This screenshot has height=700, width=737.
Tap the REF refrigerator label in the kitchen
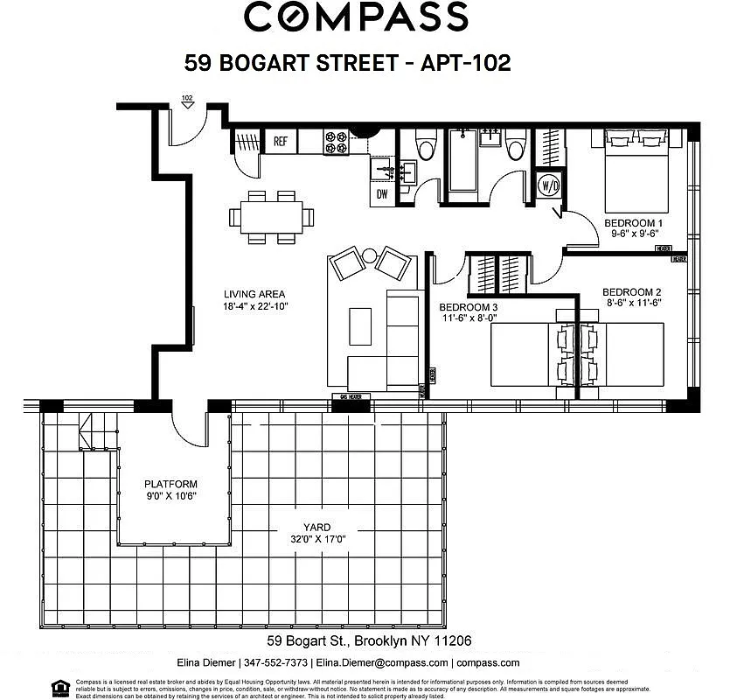(281, 141)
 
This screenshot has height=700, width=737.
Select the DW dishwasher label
(382, 193)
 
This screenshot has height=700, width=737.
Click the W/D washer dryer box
(549, 185)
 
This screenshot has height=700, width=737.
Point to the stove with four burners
(337, 142)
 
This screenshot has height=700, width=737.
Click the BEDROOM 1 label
(635, 224)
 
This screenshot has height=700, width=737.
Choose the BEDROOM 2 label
(632, 292)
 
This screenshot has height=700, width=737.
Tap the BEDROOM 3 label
(468, 307)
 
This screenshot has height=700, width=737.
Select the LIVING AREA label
(254, 294)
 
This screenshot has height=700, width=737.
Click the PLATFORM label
(170, 484)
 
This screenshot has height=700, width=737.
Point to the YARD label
(316, 528)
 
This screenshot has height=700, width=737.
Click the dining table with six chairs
(271, 216)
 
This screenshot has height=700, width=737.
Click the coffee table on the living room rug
(360, 325)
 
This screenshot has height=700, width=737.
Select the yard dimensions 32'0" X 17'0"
(316, 540)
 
